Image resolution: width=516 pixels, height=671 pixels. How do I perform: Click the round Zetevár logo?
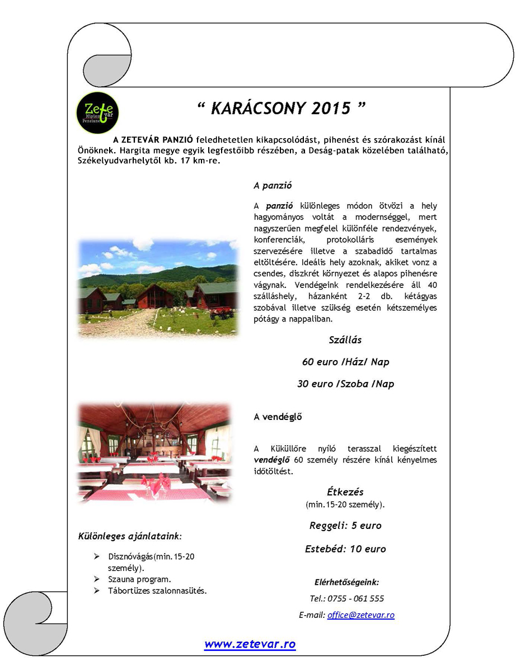click(x=97, y=113)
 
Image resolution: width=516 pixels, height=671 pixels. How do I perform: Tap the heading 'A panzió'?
click(x=273, y=185)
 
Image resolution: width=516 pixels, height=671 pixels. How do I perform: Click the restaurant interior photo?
click(x=154, y=452)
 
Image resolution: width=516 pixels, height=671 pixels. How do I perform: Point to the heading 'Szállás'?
click(x=345, y=339)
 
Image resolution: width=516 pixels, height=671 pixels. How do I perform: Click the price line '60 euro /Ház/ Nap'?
click(x=345, y=362)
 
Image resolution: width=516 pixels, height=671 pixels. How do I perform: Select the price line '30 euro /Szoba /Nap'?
click(x=345, y=384)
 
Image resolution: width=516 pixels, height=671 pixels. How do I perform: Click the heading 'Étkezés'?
click(x=345, y=492)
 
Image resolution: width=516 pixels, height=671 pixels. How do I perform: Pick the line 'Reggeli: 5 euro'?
click(x=345, y=526)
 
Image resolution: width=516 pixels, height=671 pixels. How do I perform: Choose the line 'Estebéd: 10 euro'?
click(x=345, y=549)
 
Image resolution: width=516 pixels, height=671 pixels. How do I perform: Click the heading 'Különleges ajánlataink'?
click(x=130, y=536)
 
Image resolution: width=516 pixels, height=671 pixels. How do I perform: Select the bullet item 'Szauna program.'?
click(x=139, y=579)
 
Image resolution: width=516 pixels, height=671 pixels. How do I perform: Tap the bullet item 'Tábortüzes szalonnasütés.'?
click(x=157, y=590)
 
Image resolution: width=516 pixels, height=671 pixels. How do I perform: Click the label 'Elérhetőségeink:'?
click(x=346, y=582)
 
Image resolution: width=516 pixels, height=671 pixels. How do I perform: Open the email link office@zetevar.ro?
click(x=361, y=615)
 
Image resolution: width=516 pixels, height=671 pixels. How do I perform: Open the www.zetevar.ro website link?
click(x=250, y=644)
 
